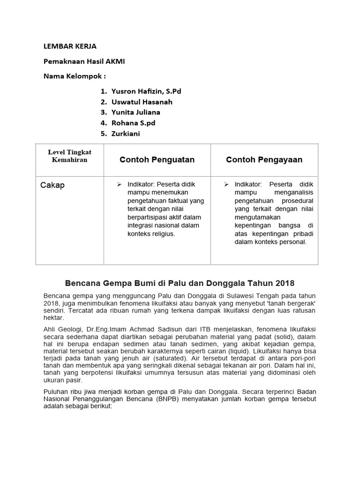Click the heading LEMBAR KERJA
[x=70, y=46]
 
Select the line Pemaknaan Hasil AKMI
[x=84, y=61]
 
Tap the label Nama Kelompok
[x=75, y=76]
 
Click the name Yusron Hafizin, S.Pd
[x=146, y=91]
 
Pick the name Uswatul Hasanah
[x=142, y=102]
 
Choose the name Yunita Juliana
[x=135, y=112]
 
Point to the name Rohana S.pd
[x=133, y=123]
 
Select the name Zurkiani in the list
[x=126, y=134]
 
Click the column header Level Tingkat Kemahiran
[x=69, y=156]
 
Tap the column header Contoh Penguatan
[x=157, y=160]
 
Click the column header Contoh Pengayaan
[x=264, y=160]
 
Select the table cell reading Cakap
[x=52, y=185]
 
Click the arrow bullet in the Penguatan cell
[x=119, y=184]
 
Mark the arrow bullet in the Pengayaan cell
[x=226, y=184]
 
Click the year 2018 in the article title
[x=285, y=283]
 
